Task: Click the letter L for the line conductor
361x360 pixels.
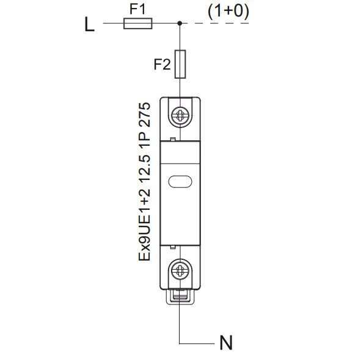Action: click(x=90, y=24)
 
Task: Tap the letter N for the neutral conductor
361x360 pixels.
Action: click(x=226, y=342)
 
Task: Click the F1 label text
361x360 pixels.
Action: click(x=137, y=9)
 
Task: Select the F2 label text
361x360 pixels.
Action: click(x=162, y=64)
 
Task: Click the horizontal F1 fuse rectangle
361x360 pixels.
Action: click(x=138, y=23)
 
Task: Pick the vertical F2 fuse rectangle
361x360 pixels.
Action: click(x=180, y=64)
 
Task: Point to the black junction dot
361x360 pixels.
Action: click(x=180, y=23)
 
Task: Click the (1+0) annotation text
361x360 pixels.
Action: click(x=228, y=11)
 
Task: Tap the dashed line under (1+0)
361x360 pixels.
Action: click(x=216, y=23)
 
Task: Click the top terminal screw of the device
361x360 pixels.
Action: click(x=180, y=115)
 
